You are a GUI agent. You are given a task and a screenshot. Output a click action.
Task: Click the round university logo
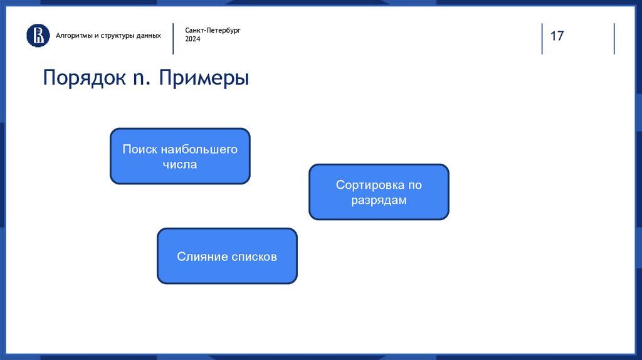[x=38, y=35]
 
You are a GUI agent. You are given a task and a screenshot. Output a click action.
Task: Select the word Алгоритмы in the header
[x=74, y=36]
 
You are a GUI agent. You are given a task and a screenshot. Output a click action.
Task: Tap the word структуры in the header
[x=117, y=36]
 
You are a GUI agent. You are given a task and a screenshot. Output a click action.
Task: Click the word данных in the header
[x=149, y=36]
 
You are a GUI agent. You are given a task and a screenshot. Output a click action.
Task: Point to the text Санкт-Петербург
[x=213, y=30]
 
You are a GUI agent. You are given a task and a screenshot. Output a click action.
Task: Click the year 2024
[x=192, y=39]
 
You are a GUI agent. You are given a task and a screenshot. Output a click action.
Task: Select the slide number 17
[x=557, y=36]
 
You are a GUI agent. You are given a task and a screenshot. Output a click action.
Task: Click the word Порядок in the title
[x=85, y=78]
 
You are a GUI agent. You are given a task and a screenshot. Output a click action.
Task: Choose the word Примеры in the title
[x=204, y=78]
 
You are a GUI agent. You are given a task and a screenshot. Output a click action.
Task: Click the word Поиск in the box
[x=140, y=149]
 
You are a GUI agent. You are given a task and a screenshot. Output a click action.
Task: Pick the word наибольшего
[x=199, y=149]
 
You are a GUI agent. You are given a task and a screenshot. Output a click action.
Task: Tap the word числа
[x=180, y=164]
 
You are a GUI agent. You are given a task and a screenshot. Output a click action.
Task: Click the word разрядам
[x=379, y=200]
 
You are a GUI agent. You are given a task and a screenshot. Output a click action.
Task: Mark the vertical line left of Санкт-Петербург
[x=173, y=38]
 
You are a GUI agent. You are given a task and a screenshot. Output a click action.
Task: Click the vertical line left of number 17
[x=542, y=38]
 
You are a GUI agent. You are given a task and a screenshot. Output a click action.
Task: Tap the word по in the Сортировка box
[x=415, y=185]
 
